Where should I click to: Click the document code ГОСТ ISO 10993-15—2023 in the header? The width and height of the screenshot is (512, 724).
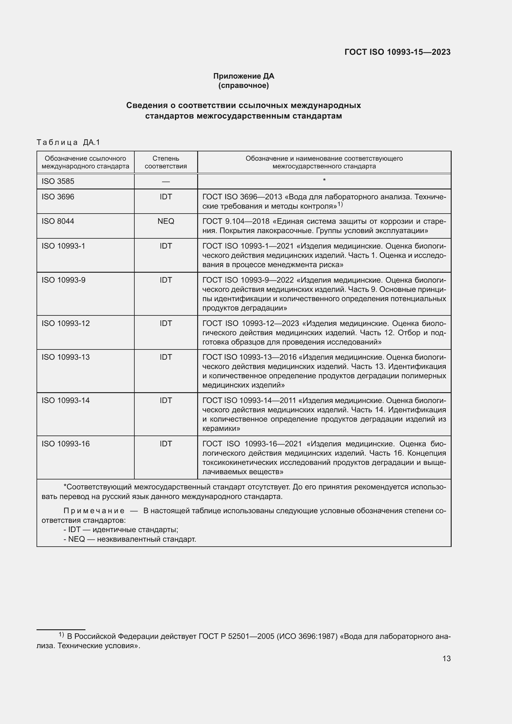point(397,52)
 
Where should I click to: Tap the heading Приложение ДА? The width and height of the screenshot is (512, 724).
point(243,76)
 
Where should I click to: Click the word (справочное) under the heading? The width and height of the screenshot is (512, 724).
point(243,85)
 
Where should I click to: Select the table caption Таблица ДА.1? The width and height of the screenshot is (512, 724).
point(68,142)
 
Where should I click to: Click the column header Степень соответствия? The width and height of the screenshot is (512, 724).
point(166,162)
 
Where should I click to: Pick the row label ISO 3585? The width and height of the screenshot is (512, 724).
point(58,181)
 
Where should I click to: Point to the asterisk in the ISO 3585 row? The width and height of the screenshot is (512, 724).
point(324,180)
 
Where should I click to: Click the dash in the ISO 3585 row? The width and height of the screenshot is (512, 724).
point(166,182)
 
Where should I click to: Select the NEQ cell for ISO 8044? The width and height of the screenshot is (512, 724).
point(166,221)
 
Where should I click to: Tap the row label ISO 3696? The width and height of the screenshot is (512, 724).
point(58,197)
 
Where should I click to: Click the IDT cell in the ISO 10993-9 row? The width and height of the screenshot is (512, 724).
point(166,280)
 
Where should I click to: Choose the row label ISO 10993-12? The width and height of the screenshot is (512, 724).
point(66,323)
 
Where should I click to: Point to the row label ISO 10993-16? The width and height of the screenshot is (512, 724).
point(66,444)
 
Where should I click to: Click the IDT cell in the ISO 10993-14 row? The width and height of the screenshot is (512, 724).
point(166,401)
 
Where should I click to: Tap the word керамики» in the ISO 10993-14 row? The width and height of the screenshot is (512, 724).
point(221,428)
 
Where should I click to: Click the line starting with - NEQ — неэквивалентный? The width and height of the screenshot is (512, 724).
point(130,539)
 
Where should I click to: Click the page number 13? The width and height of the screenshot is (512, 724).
point(446,658)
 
